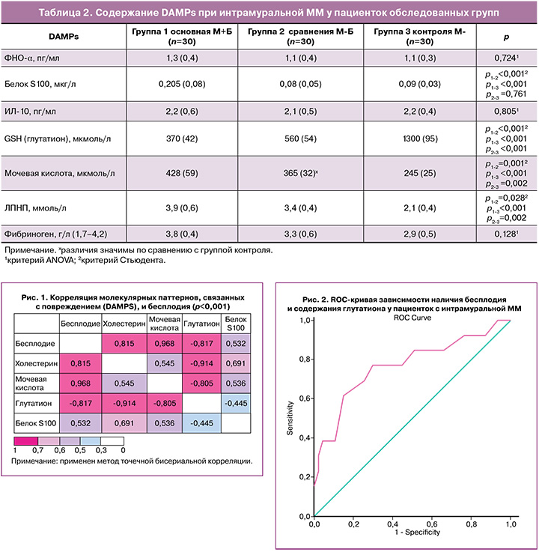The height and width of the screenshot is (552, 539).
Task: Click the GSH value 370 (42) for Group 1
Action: pos(182,139)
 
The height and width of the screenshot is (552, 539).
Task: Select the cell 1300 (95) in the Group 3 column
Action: pos(420,139)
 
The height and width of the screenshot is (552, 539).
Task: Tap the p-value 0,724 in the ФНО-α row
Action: pos(506,58)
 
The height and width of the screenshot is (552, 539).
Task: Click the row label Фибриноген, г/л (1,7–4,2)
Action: pos(55,234)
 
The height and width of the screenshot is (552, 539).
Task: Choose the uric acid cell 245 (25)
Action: pos(420,173)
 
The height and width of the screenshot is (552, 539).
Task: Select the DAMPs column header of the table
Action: pos(64,37)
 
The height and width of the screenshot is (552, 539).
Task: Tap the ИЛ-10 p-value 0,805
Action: pos(506,112)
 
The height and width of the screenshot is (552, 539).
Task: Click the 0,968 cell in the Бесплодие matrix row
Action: pos(164,344)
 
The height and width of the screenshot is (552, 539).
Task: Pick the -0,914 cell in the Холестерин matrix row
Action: pos(201,363)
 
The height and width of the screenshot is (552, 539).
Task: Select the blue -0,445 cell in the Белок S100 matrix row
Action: pos(201,423)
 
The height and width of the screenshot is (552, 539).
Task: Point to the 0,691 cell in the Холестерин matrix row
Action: pos(236,363)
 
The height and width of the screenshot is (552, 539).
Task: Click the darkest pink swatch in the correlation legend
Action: pos(26,441)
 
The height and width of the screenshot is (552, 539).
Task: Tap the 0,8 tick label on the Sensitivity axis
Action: pos(305,360)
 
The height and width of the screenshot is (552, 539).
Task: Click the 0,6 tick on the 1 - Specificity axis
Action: pos(432,524)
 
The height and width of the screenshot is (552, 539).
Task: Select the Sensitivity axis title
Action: pos(290,418)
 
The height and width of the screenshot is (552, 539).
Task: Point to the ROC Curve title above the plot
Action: pos(412,318)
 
